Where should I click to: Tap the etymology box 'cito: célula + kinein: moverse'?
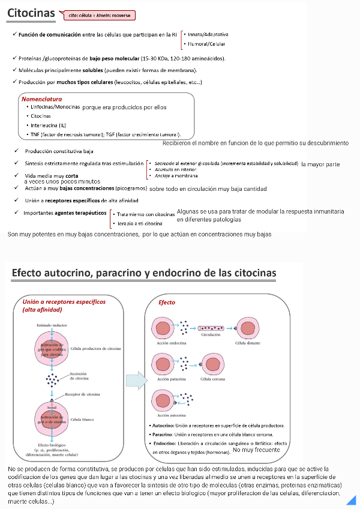pyautogui.click(x=100, y=16)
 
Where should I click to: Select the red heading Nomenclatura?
pyautogui.click(x=41, y=98)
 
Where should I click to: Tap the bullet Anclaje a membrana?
pyautogui.click(x=176, y=176)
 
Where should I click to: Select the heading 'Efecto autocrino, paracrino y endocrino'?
pyautogui.click(x=144, y=274)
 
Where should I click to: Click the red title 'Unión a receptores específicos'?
pyautogui.click(x=64, y=301)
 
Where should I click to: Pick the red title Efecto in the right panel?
pyautogui.click(x=167, y=303)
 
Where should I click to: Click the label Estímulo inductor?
pyautogui.click(x=52, y=325)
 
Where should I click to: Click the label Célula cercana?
pyautogui.click(x=213, y=379)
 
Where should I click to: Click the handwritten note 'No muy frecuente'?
pyautogui.click(x=256, y=450)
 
